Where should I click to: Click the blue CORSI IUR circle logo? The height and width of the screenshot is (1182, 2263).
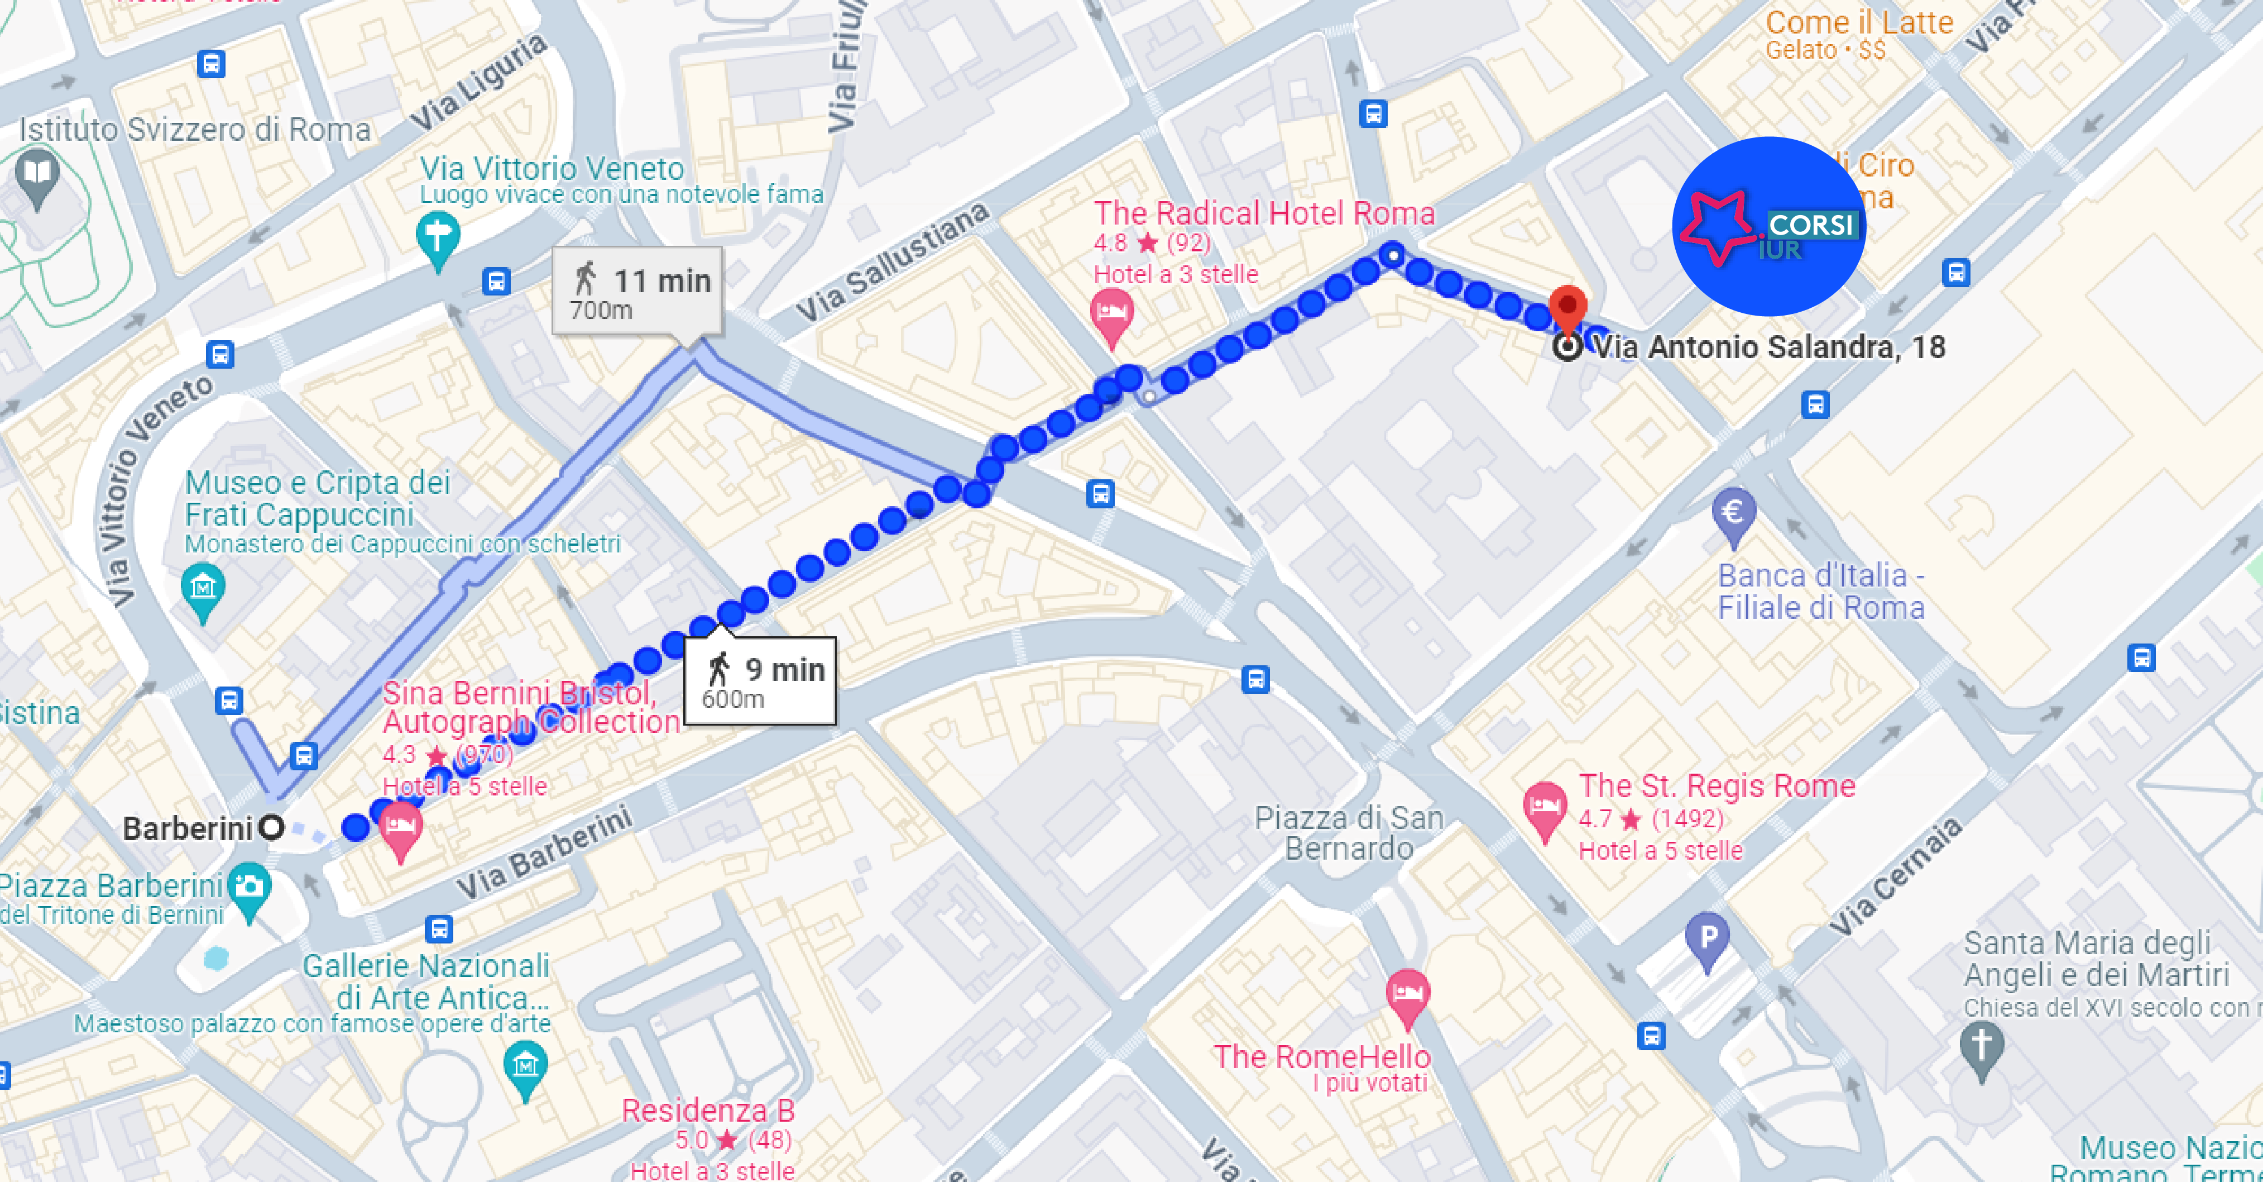pos(1768,227)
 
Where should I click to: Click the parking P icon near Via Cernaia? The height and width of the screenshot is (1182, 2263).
pos(1707,938)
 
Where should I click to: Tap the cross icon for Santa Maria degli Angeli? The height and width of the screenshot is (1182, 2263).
pos(1982,1047)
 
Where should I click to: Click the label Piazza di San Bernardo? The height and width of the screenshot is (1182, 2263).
pos(1349,832)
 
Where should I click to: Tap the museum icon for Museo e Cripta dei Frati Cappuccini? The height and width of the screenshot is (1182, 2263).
pos(203,587)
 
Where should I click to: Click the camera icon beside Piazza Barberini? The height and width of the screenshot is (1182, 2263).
pos(250,888)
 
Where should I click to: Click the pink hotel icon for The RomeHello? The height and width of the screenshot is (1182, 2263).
pos(1407,994)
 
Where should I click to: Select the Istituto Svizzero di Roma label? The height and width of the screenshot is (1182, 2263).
pos(195,130)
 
